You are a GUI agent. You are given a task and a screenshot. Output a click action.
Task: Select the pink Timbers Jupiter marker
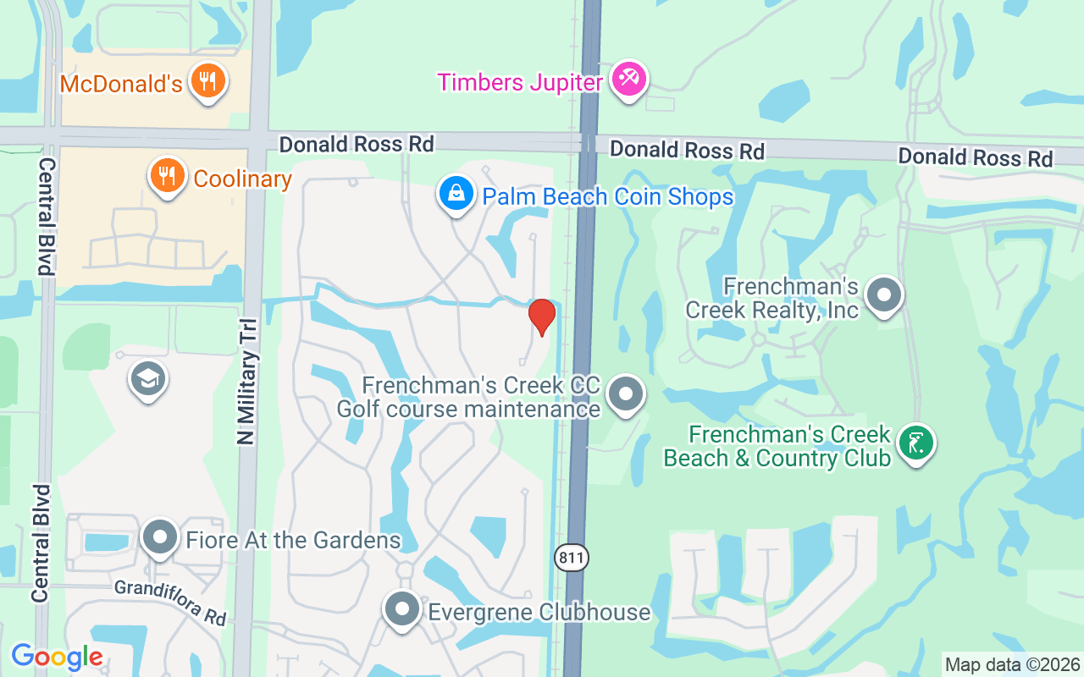(x=628, y=80)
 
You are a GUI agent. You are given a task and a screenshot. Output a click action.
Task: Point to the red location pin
(x=541, y=316)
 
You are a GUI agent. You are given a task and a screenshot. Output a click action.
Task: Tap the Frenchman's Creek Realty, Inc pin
(x=885, y=296)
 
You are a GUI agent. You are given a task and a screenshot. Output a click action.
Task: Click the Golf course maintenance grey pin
(x=627, y=394)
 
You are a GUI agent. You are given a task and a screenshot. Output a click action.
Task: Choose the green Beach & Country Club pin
(x=915, y=443)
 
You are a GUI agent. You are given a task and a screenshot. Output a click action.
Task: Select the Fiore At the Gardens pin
(x=159, y=537)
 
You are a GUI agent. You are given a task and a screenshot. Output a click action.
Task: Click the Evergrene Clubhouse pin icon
(x=402, y=609)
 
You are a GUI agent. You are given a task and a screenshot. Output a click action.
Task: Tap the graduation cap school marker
(x=148, y=380)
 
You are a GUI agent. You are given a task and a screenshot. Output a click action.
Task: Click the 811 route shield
(x=572, y=558)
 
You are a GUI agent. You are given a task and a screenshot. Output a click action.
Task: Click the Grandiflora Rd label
(x=170, y=603)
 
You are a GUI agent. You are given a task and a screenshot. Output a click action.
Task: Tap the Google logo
(x=57, y=657)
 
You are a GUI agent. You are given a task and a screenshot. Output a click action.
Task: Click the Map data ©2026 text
(x=1012, y=665)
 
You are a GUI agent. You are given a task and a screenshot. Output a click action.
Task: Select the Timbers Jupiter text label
(x=519, y=83)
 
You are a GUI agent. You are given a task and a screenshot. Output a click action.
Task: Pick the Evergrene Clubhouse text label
(x=539, y=612)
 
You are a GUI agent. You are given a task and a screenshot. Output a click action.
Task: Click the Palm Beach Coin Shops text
(x=607, y=197)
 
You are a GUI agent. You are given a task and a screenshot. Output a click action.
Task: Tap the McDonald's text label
(x=121, y=85)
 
